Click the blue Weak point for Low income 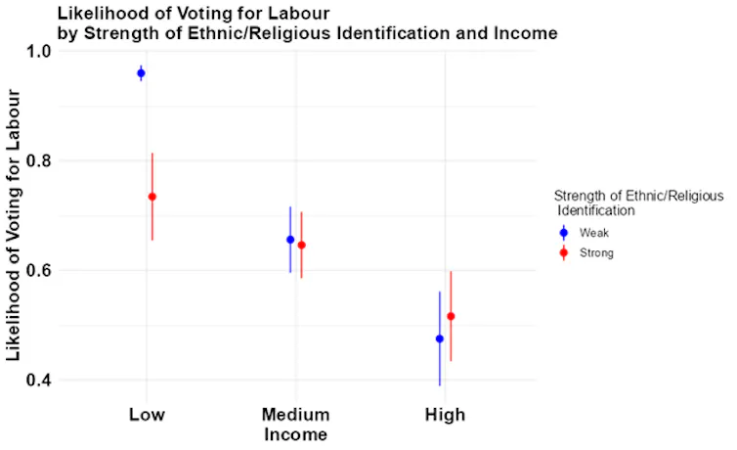click(x=141, y=73)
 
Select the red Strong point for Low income click(x=152, y=197)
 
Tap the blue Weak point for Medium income click(x=290, y=240)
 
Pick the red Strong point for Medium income click(x=302, y=245)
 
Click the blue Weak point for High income click(x=440, y=338)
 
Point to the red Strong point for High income click(x=451, y=316)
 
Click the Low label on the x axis click(x=147, y=415)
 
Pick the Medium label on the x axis click(x=295, y=415)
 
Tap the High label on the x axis click(x=445, y=415)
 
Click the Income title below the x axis click(x=295, y=433)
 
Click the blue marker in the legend click(x=564, y=233)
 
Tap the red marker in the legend click(x=564, y=253)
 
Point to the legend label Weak click(x=594, y=233)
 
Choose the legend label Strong click(x=596, y=253)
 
